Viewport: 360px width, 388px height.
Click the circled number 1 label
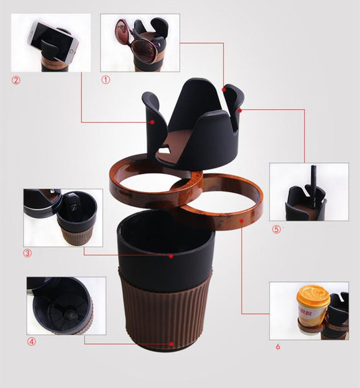pyautogui.click(x=105, y=80)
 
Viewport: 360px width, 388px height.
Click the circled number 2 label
pyautogui.click(x=16, y=80)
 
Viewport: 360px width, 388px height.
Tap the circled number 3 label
pyautogui.click(x=27, y=253)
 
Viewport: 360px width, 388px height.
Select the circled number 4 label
pyautogui.click(x=32, y=341)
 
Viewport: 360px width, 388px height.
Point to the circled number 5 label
pyautogui.click(x=277, y=230)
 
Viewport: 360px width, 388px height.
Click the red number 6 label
pyautogui.click(x=278, y=347)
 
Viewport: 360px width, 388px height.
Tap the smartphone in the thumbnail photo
pyautogui.click(x=53, y=41)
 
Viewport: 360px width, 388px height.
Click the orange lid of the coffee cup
pyautogui.click(x=313, y=296)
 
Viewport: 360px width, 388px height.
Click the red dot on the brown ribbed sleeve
pyautogui.click(x=171, y=344)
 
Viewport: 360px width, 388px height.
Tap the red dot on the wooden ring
pyautogui.click(x=242, y=221)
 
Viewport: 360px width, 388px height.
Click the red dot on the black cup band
pyautogui.click(x=171, y=256)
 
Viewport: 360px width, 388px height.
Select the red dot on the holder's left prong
pyautogui.click(x=153, y=122)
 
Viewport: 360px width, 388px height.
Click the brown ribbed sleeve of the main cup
pyautogui.click(x=165, y=309)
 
